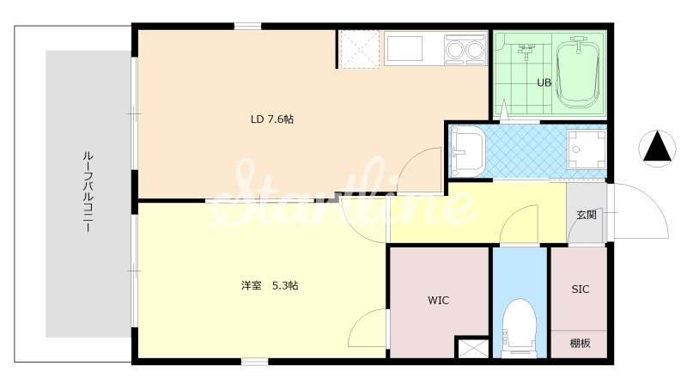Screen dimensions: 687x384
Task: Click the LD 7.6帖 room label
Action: [272, 119]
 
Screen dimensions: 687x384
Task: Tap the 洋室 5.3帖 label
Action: [270, 286]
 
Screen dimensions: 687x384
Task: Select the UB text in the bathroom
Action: [544, 82]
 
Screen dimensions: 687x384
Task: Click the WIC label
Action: [438, 301]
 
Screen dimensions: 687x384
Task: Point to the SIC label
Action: [581, 290]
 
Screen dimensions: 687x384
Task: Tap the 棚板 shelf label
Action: [580, 344]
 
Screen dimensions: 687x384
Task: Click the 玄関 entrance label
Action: [587, 215]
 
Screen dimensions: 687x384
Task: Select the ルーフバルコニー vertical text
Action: [88, 192]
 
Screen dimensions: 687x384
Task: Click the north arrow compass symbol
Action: [657, 148]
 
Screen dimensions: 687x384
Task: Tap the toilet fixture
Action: [520, 327]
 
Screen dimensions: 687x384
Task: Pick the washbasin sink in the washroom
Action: [467, 151]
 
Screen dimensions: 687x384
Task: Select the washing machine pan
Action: [587, 149]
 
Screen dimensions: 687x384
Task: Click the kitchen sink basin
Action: [404, 49]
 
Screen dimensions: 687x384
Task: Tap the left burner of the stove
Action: [455, 50]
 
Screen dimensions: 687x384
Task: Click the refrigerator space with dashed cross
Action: [359, 49]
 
